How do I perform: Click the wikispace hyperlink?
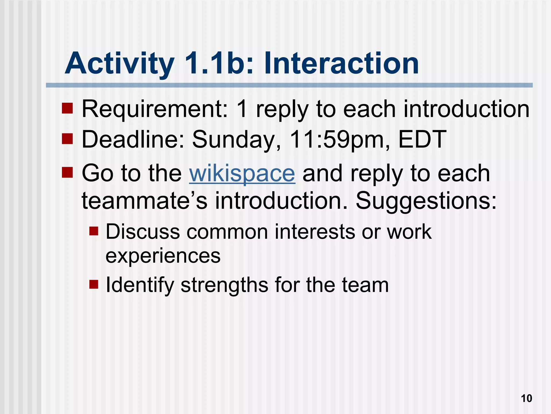point(242,174)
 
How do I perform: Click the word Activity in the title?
point(119,64)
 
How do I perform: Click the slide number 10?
point(526,398)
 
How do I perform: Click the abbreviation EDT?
point(422,140)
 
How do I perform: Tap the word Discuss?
point(143,232)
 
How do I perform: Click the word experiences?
point(163,256)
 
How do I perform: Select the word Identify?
point(140,285)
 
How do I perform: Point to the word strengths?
point(224,285)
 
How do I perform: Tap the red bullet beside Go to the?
point(67,172)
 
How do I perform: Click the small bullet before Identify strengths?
point(94,284)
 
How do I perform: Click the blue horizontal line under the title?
point(289,85)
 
